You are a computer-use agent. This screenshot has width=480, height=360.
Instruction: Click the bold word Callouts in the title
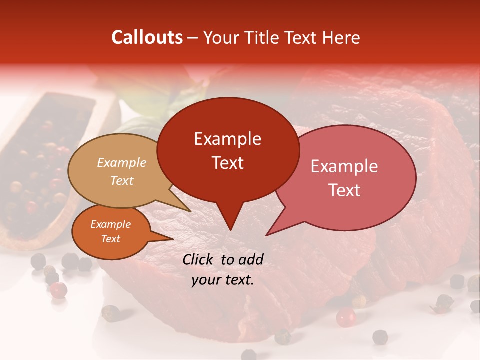click(x=147, y=37)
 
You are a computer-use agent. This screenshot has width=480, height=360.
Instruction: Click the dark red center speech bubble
click(x=228, y=150)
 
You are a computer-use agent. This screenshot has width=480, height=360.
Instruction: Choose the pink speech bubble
click(x=350, y=177)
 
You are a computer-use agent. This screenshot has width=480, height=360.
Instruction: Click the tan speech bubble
click(x=117, y=170)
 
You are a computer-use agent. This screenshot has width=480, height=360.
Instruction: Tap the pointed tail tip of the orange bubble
click(x=173, y=239)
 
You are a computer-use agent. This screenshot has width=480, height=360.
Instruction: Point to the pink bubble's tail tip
click(x=266, y=235)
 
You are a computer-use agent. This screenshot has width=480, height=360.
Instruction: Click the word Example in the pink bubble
click(x=344, y=166)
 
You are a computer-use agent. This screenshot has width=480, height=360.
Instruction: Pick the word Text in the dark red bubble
click(x=228, y=163)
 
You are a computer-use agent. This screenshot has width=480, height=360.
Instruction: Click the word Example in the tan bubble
click(x=122, y=162)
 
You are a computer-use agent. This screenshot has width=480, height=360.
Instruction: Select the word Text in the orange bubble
click(x=111, y=239)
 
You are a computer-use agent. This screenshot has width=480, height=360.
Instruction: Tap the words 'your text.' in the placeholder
click(x=223, y=280)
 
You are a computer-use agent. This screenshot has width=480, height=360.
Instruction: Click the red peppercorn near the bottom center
click(x=345, y=317)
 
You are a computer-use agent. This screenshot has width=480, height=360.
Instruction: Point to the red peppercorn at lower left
click(x=58, y=289)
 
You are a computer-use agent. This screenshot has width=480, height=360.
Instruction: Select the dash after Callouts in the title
click(x=193, y=37)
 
